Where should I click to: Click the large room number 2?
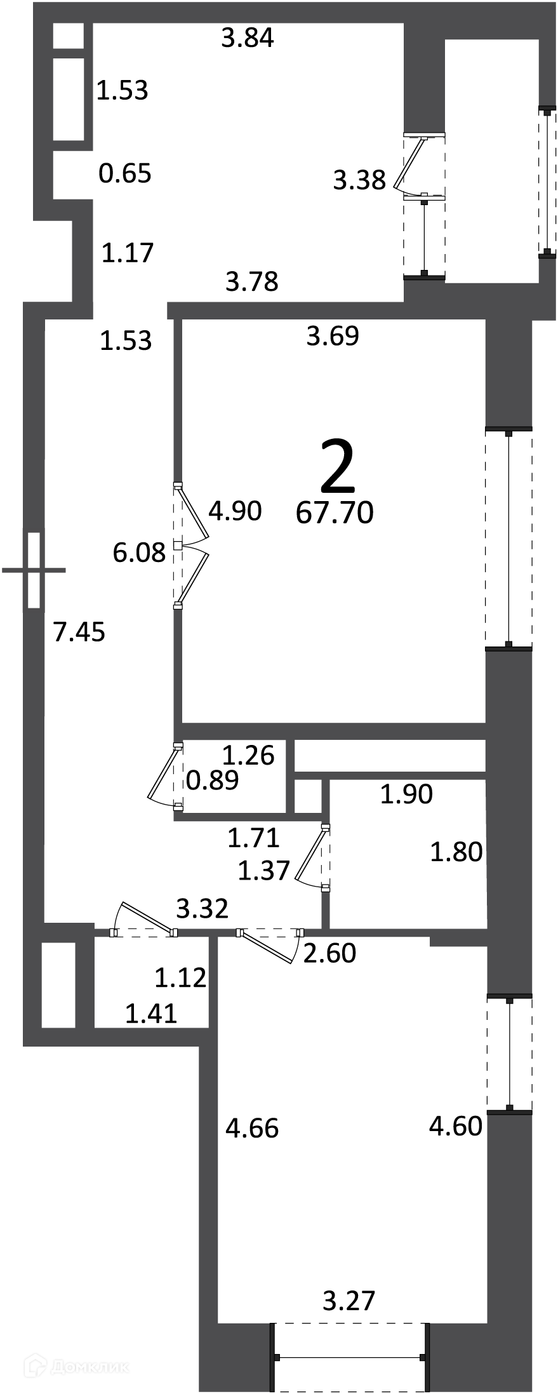337,468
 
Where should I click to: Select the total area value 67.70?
335,513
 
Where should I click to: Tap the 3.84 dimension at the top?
248,38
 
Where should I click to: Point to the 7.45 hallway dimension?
79,632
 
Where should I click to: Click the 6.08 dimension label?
139,552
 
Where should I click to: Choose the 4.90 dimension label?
235,511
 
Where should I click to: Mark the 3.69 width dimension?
333,336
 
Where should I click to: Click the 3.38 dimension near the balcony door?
359,180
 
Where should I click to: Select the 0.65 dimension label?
125,173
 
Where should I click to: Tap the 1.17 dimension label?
128,253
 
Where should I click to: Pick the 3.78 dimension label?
252,281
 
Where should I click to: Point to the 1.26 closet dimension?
248,755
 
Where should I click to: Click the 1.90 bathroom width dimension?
406,794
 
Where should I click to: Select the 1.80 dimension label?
456,852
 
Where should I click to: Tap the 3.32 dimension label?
202,909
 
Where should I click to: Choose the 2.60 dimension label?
329,953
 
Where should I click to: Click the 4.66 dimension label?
252,1129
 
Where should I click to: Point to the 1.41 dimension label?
151,1014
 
